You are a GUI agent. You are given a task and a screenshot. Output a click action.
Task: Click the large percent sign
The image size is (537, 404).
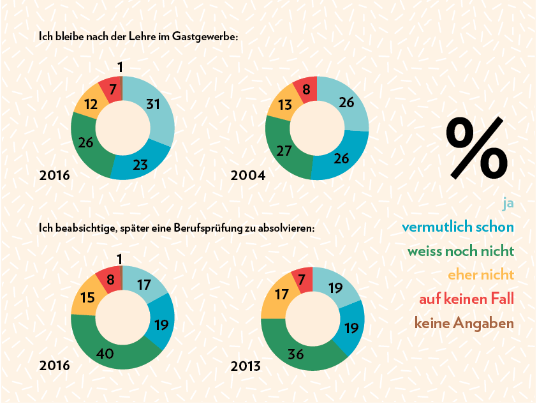pyautogui.click(x=476, y=147)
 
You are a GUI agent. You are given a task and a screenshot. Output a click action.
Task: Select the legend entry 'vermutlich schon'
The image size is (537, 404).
pyautogui.click(x=457, y=227)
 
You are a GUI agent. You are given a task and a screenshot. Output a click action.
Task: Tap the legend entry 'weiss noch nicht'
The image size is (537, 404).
pyautogui.click(x=460, y=251)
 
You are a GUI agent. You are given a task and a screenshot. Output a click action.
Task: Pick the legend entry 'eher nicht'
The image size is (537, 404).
pyautogui.click(x=480, y=275)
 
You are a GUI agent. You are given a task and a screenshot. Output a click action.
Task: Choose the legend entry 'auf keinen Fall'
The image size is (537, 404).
pyautogui.click(x=466, y=299)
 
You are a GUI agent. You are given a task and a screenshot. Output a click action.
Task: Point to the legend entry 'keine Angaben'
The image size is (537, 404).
pyautogui.click(x=464, y=323)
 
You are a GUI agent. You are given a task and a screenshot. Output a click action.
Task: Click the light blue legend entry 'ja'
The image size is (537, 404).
pyautogui.click(x=508, y=204)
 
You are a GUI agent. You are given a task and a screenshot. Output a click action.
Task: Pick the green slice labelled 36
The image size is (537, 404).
pyautogui.click(x=295, y=352)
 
